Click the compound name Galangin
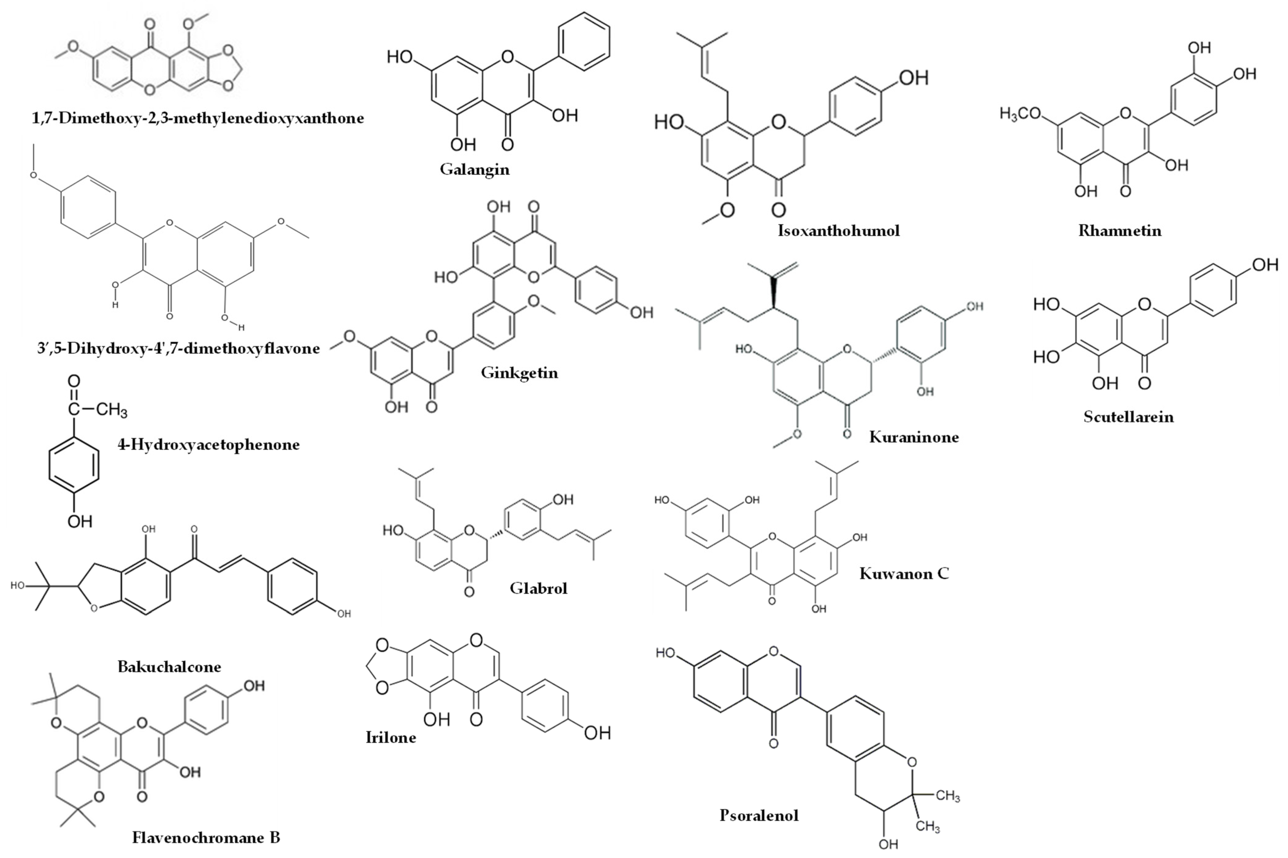(474, 169)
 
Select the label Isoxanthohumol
(838, 231)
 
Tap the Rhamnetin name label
(1119, 231)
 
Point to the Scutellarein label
(1128, 417)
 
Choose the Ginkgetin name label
(519, 373)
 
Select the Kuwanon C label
(904, 574)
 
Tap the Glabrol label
(538, 588)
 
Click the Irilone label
(391, 738)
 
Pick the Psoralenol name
(759, 815)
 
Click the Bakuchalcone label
(169, 666)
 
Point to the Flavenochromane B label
(206, 837)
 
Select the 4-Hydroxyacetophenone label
(208, 444)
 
